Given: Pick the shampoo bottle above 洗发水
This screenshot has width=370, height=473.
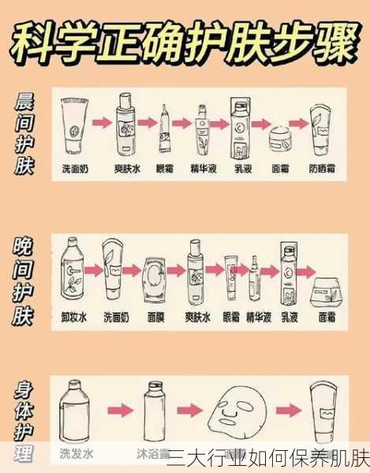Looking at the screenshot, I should click(x=75, y=411).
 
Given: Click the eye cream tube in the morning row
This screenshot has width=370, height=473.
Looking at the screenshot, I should click(x=164, y=127).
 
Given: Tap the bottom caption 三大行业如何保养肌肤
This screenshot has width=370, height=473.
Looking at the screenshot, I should click(x=268, y=458).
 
